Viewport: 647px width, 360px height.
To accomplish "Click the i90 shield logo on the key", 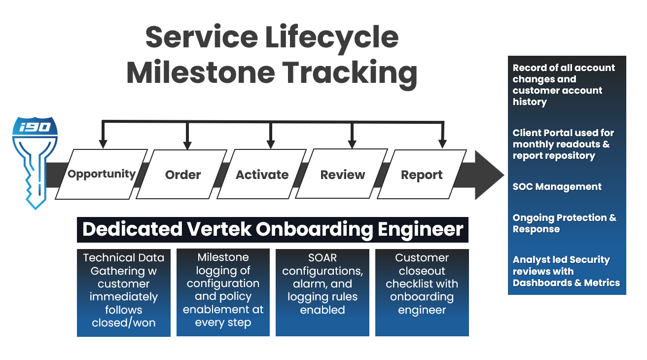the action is point(35,126).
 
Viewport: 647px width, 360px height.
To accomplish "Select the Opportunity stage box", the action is point(102,174).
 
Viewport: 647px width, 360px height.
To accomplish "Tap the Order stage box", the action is point(181,174).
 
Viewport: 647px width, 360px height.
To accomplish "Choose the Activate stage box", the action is point(262,174).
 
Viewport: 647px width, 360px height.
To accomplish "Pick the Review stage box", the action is point(342,174).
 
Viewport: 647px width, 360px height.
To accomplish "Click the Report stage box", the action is point(422,174).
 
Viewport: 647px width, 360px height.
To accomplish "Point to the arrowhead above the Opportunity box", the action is point(103,144).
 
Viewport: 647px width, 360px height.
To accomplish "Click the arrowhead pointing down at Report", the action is point(442,144).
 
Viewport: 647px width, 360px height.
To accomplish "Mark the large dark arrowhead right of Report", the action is point(488,175).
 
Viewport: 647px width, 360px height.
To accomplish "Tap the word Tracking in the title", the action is point(350,73).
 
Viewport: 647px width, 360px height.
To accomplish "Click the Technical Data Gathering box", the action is point(124,292).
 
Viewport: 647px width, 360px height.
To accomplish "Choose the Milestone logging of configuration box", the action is point(223,292).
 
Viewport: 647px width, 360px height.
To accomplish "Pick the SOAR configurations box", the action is point(323,292).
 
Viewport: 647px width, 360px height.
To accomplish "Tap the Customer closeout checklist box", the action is point(422,292).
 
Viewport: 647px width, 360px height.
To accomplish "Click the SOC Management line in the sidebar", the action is point(557,186).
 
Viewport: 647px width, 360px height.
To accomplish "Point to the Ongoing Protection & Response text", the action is point(564,223).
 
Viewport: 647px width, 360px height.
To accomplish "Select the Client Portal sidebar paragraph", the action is point(563,144).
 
